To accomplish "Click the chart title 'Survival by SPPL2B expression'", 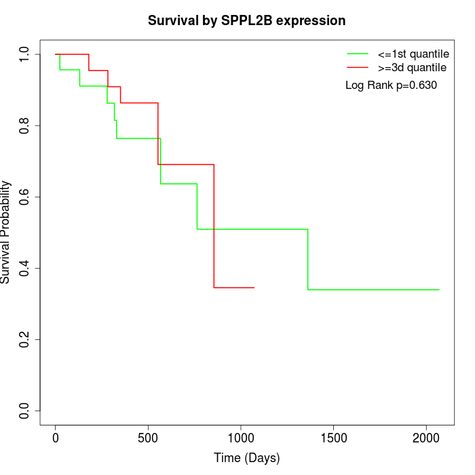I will point(247,21).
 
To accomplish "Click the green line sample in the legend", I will point(358,54).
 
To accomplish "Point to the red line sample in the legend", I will point(358,68).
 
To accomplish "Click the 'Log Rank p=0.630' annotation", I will point(391,85).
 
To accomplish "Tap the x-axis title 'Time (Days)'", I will point(247,458).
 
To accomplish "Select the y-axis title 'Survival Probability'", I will point(6,232).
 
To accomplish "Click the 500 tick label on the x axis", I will point(148,438).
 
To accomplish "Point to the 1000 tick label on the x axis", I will point(241,438).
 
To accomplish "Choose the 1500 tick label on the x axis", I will point(333,438).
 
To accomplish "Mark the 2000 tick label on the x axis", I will point(426,438).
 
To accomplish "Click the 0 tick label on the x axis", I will point(56,438).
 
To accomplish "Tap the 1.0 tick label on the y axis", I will point(25,54).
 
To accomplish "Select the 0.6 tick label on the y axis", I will point(25,197).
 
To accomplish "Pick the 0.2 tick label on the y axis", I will point(25,339).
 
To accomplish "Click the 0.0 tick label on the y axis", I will point(25,411).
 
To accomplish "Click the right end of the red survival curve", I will point(254,288).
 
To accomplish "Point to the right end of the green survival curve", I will point(439,290).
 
